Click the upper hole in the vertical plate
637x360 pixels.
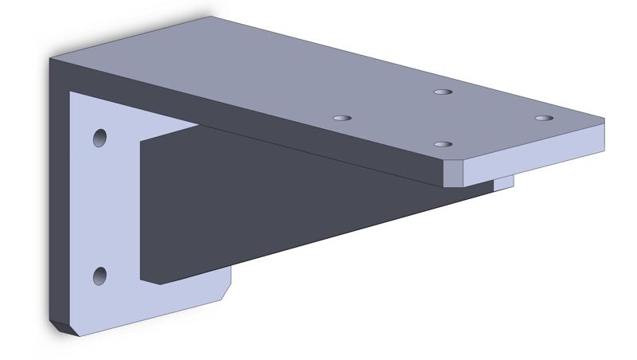tap(100, 138)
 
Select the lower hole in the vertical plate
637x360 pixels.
tap(100, 276)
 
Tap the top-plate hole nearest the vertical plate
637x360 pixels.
tap(342, 118)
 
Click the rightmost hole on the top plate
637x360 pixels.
tap(543, 119)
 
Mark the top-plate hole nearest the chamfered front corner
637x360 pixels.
tap(444, 144)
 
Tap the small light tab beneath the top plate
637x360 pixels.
tap(503, 183)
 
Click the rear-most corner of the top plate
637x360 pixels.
tap(211, 17)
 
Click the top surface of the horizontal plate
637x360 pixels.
tap(318, 72)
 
